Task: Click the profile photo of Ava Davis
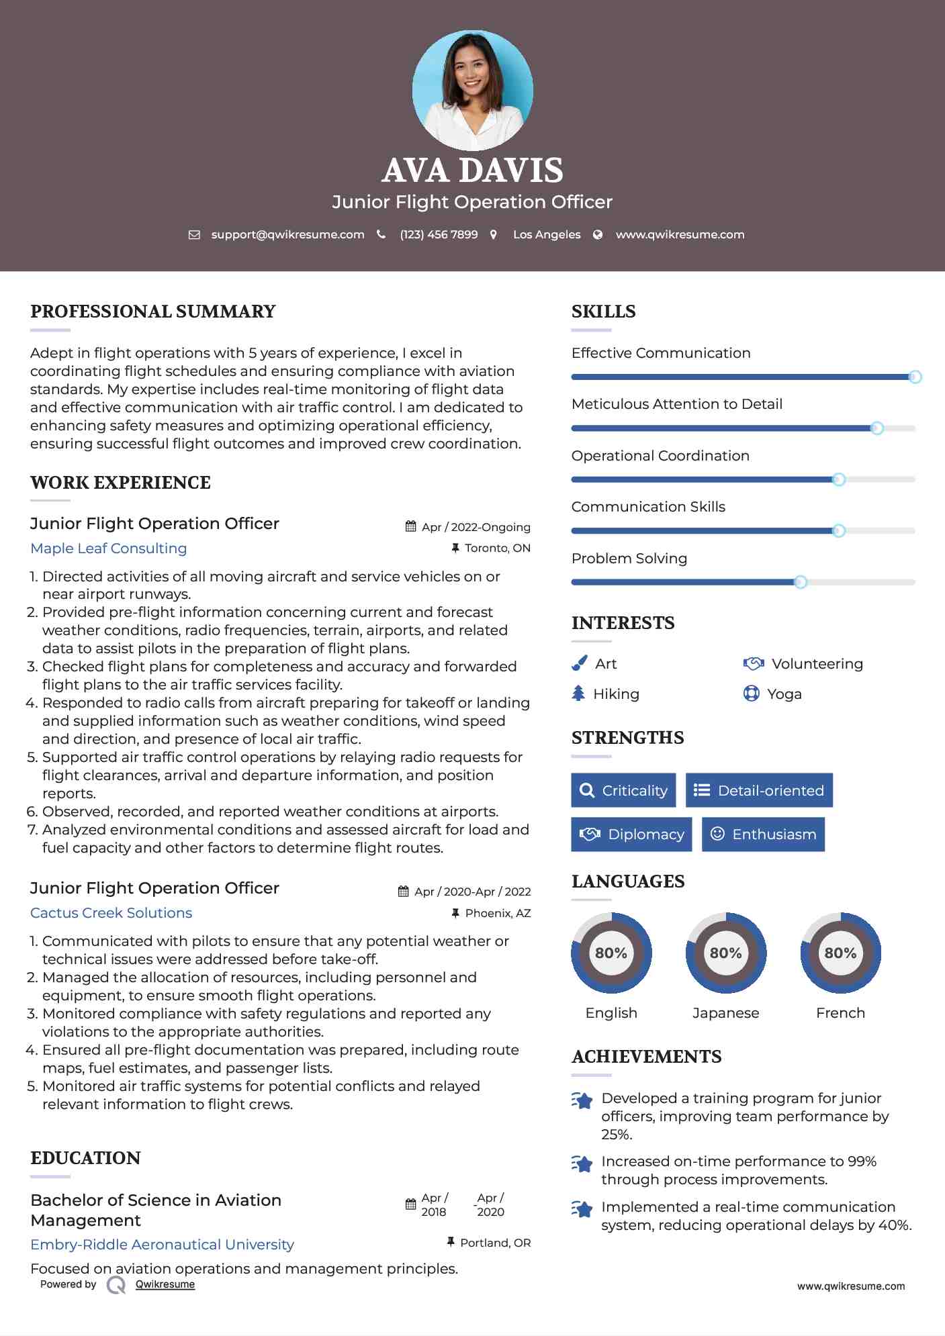[472, 90]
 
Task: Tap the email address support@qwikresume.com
[287, 234]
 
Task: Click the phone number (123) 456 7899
[439, 234]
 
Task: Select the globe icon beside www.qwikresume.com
[598, 234]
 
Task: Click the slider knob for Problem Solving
[800, 582]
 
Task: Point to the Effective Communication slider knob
[915, 377]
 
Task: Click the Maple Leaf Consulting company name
[109, 548]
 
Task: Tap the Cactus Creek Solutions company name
[111, 913]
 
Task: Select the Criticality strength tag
[623, 790]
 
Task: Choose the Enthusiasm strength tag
[763, 834]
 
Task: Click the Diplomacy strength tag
[631, 834]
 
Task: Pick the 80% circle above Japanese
[725, 953]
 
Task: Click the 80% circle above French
[840, 953]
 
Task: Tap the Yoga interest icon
[751, 694]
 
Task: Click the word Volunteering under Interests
[817, 664]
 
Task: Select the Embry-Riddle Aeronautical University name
[163, 1245]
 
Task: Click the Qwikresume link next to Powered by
[165, 1284]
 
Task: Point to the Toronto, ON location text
[497, 548]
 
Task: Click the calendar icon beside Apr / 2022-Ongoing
[411, 527]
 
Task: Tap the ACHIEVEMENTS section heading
[646, 1057]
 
